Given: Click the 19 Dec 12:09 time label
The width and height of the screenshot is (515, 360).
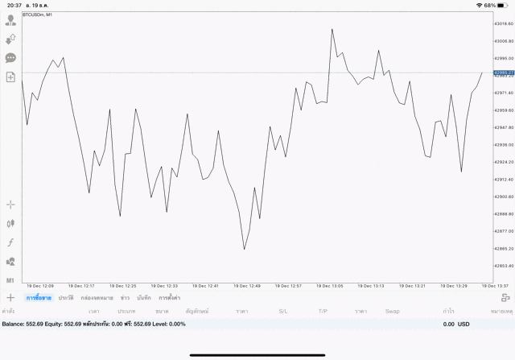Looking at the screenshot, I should [x=40, y=286].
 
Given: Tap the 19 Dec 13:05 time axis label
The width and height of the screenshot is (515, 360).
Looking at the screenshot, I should [x=330, y=286].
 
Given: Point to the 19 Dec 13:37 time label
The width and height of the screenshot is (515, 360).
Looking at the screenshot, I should [x=494, y=286].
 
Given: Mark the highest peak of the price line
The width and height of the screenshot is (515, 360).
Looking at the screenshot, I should [x=332, y=29].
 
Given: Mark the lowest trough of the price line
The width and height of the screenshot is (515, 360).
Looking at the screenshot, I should [x=244, y=250].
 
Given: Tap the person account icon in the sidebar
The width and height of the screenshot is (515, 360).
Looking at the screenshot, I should [x=10, y=20].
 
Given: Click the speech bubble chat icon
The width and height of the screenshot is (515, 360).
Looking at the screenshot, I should [x=10, y=58].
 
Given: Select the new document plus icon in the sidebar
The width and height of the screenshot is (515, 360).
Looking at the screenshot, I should [x=10, y=77].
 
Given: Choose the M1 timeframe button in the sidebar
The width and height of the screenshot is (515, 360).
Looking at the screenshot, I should [x=10, y=279].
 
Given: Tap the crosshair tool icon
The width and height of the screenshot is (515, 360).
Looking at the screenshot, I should [x=10, y=205].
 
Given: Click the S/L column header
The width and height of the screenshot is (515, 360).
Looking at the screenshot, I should [x=282, y=311].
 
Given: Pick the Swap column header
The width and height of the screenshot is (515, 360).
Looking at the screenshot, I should [x=392, y=311].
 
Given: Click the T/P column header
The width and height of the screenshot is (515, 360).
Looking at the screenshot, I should [x=323, y=311].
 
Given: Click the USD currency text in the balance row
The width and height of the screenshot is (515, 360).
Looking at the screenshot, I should [x=463, y=324].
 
